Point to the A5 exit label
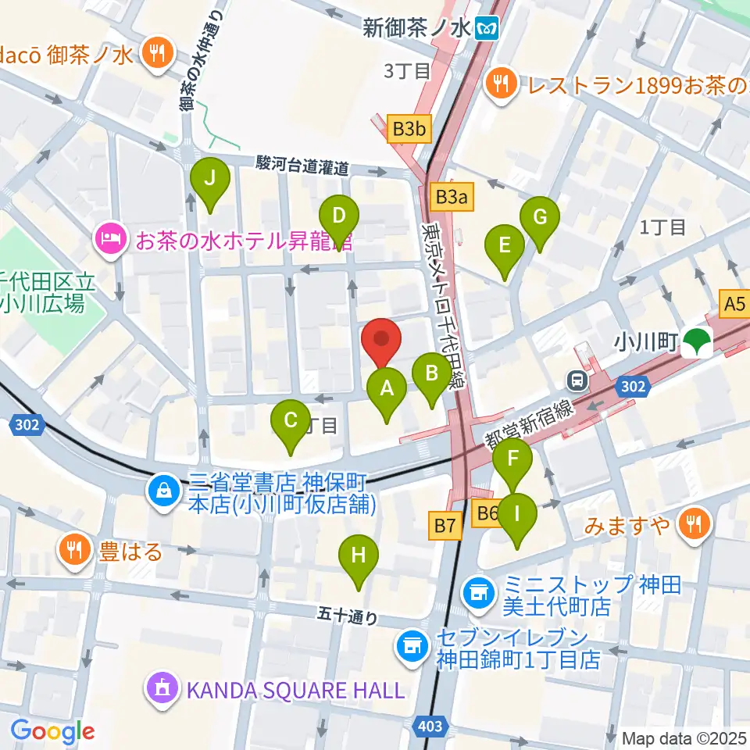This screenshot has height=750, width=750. click(734, 303)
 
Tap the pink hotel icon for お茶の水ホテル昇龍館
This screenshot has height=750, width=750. click(109, 237)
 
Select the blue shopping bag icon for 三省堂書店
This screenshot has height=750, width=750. click(163, 491)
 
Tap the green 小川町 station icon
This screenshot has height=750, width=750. click(695, 341)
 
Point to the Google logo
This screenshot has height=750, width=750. click(52, 731)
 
